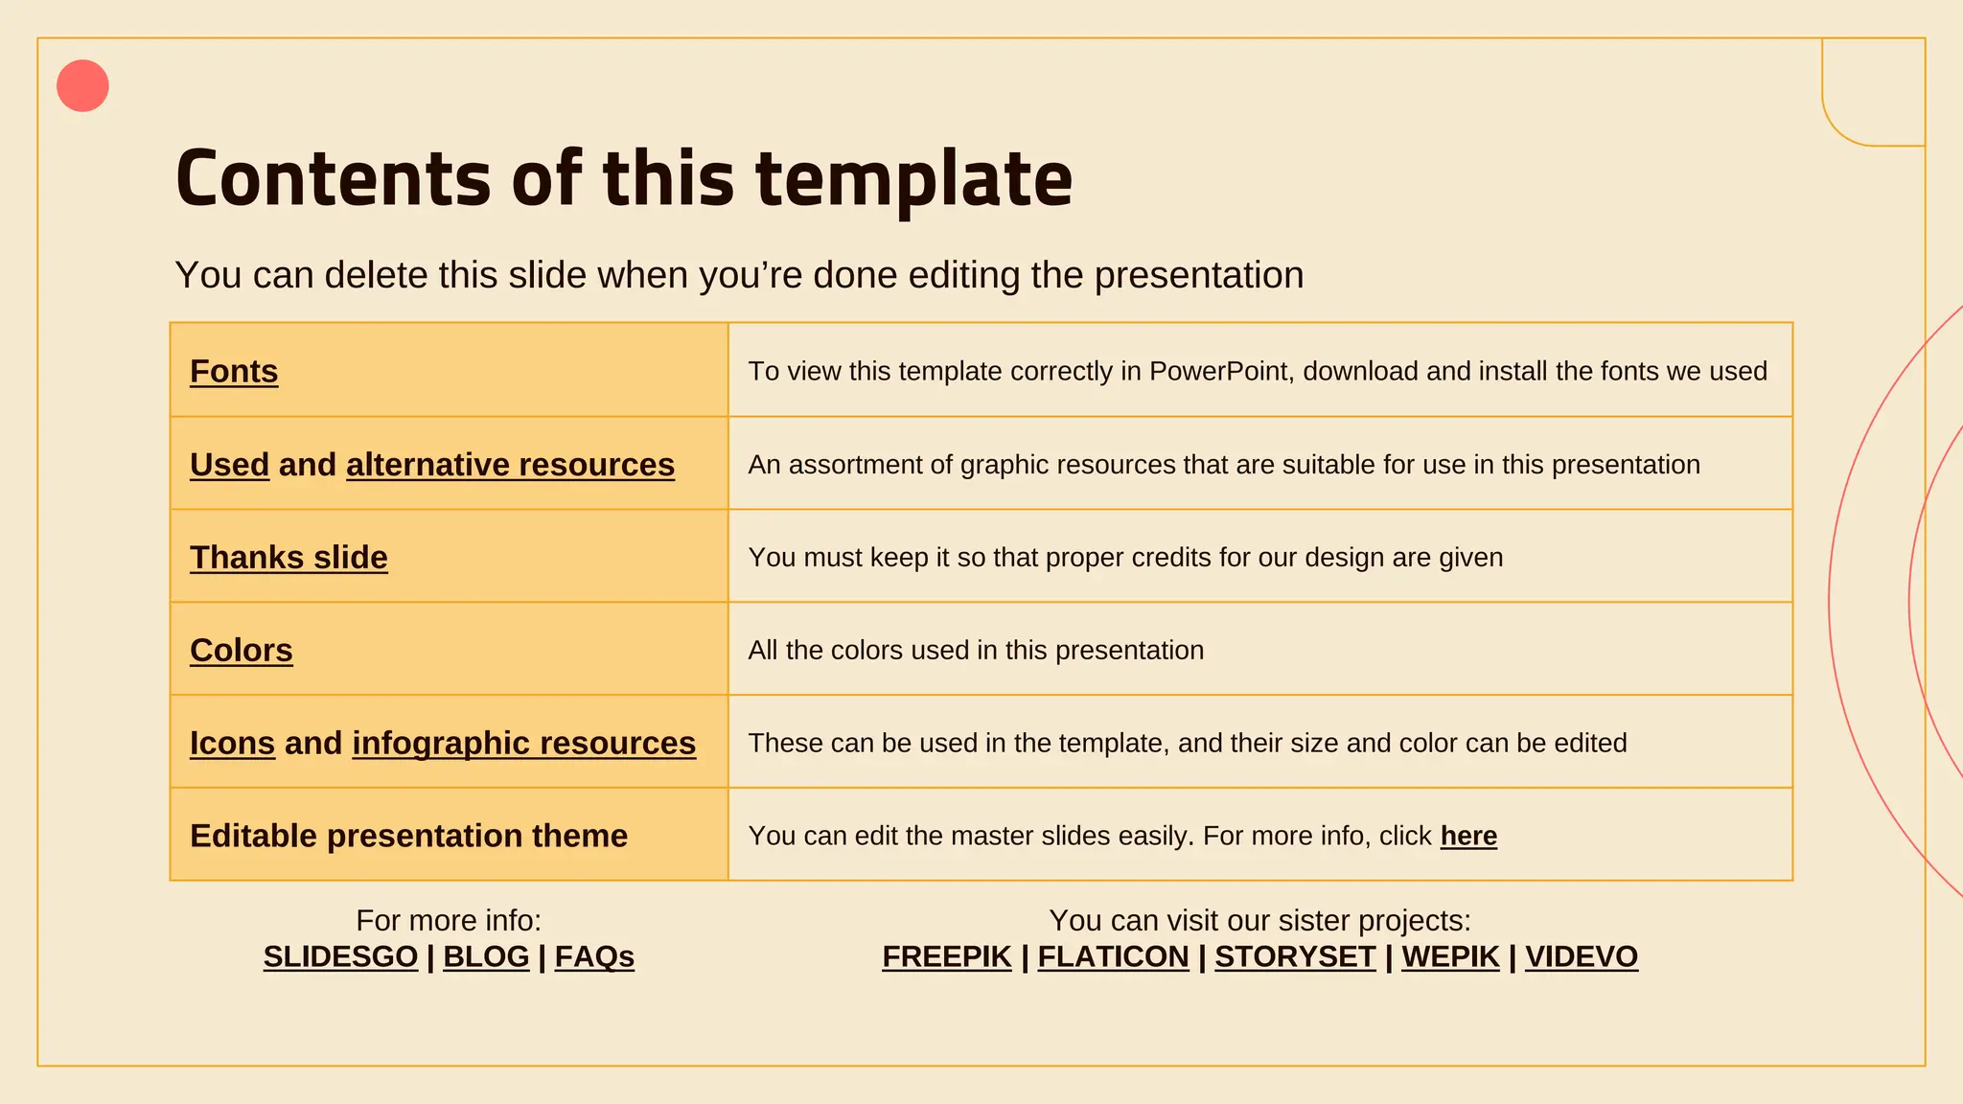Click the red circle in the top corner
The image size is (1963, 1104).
82,86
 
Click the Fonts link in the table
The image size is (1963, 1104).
234,371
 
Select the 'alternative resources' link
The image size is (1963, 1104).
510,465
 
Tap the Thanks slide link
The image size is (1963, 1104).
289,558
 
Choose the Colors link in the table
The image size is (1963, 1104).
242,651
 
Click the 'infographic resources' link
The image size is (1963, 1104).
523,744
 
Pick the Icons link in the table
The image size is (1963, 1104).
232,744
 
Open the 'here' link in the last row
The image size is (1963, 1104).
1468,836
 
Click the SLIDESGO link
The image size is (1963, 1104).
340,956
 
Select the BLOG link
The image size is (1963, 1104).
486,956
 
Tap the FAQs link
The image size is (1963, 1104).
594,956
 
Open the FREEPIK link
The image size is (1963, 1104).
947,956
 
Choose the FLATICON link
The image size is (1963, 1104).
1113,956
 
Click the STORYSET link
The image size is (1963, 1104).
1295,956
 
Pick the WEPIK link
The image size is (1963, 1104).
1450,956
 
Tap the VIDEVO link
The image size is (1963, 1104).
1582,956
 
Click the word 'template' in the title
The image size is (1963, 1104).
913,180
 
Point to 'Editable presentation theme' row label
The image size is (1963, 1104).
408,836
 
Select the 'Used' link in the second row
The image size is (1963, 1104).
229,465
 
